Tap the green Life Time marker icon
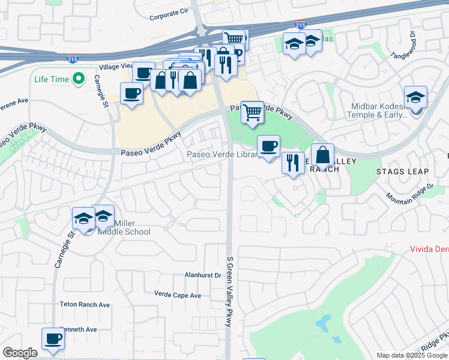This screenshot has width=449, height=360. coord(77,79)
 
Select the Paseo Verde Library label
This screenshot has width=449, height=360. coord(223,155)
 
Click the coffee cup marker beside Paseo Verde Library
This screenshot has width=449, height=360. coord(268,146)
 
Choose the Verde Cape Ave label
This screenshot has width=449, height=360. coord(178,295)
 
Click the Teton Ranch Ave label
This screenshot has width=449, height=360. coord(85,305)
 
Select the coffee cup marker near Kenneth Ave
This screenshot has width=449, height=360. coord(53,339)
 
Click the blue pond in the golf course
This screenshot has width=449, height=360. coord(325,325)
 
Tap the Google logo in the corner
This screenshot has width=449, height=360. coord(20,353)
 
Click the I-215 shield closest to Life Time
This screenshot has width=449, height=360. coord(71,58)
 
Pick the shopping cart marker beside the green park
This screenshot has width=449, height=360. coord(253,111)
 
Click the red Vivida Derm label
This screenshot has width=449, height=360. coord(429,248)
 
